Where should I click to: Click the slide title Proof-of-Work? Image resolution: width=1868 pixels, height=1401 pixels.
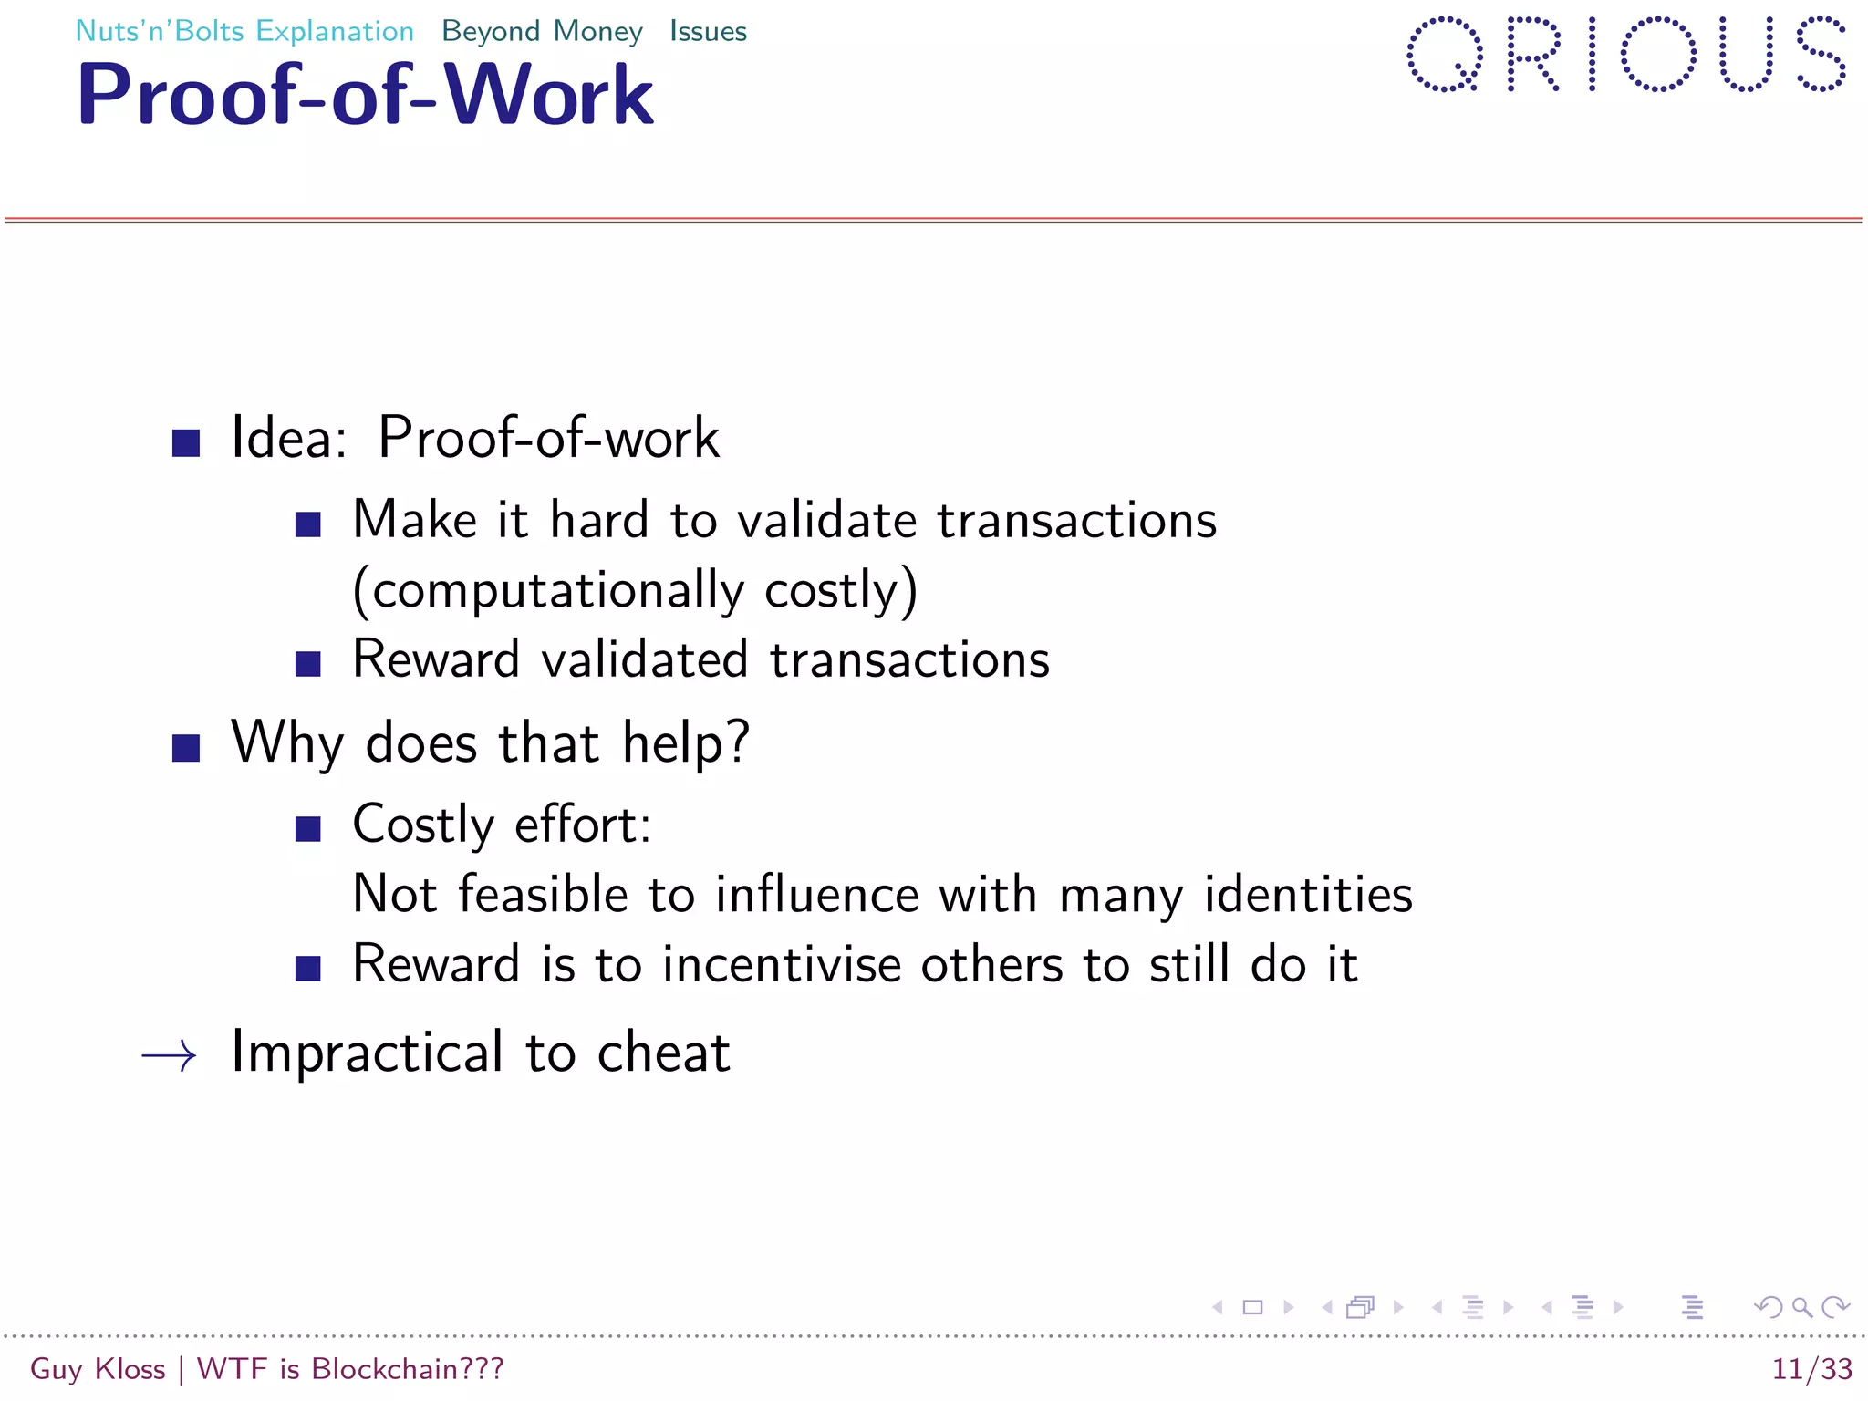coord(365,95)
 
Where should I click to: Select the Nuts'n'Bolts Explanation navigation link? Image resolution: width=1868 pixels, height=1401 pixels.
coord(244,31)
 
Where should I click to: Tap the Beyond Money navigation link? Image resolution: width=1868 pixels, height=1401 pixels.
coord(542,31)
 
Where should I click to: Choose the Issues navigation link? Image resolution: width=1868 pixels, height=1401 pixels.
coord(708,31)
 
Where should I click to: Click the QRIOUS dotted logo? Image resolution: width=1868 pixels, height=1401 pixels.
coord(1625,55)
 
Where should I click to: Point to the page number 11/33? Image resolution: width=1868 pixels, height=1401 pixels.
coord(1811,1369)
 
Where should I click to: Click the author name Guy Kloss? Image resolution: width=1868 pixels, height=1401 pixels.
coord(98,1369)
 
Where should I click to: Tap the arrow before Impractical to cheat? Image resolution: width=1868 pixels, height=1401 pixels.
coord(170,1055)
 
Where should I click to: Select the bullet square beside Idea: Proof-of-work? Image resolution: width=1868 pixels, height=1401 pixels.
coord(186,443)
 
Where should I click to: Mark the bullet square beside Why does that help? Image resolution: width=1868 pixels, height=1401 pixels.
coord(186,748)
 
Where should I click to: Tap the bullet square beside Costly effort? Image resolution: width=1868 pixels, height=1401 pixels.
coord(308,829)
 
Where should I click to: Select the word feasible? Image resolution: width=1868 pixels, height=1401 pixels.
coord(542,894)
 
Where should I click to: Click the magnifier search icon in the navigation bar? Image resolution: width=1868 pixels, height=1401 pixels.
coord(1801,1307)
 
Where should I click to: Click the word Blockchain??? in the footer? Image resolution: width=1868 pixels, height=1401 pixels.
coord(407,1369)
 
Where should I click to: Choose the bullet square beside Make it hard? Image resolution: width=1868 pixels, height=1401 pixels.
coord(308,524)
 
